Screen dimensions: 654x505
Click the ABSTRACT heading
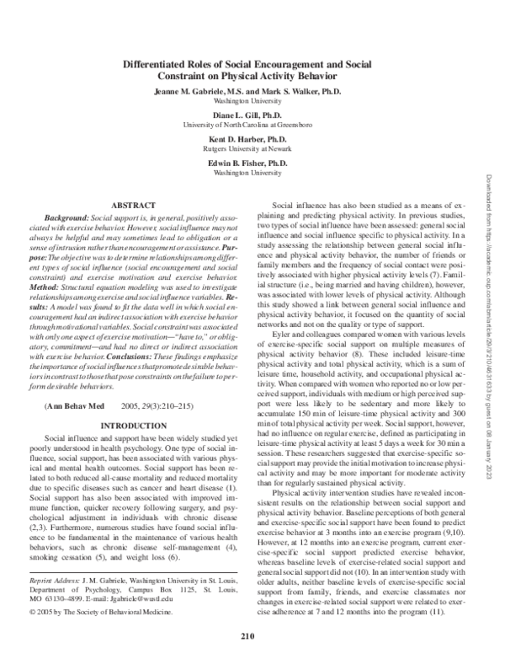tap(135, 206)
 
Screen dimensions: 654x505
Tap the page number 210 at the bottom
tap(247, 636)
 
